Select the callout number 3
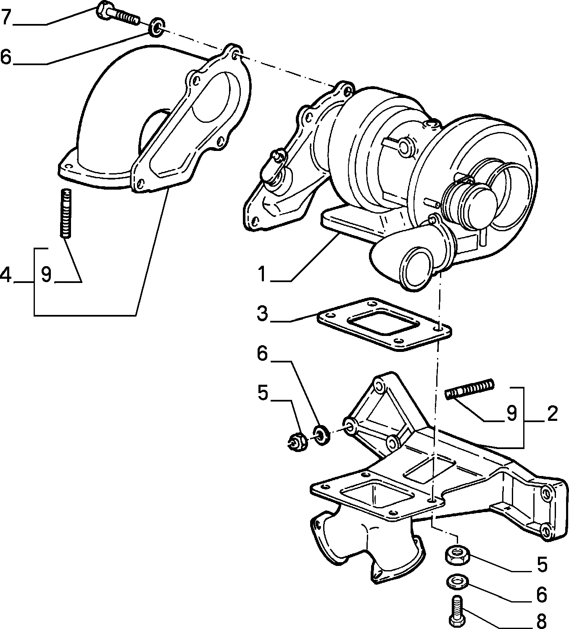click(x=262, y=314)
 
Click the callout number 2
click(x=552, y=414)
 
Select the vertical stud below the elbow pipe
click(x=66, y=213)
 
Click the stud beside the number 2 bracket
click(x=470, y=389)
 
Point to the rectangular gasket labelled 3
click(x=385, y=324)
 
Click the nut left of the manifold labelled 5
click(x=298, y=442)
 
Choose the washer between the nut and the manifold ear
click(x=321, y=435)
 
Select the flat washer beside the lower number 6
click(x=457, y=580)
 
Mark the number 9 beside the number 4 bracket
click(x=46, y=275)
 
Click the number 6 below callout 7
click(x=6, y=57)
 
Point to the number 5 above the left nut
click(x=263, y=393)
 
